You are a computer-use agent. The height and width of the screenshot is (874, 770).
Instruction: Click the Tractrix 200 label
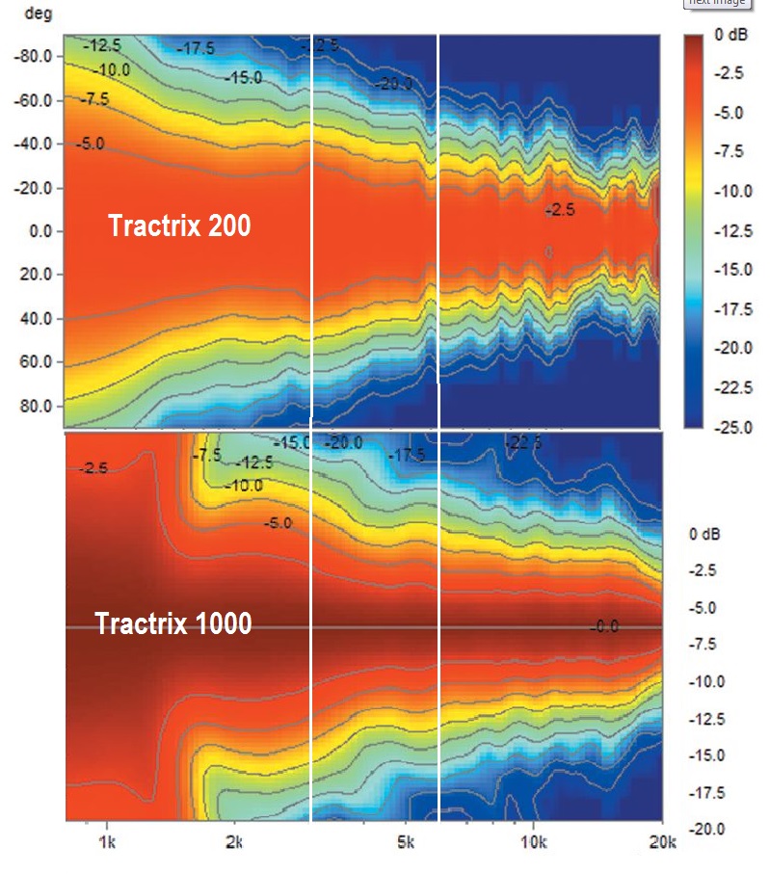click(x=179, y=225)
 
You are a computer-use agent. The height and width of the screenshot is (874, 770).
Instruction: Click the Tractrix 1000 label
click(x=173, y=623)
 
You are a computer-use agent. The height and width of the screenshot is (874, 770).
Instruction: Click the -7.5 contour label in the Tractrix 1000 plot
click(x=208, y=454)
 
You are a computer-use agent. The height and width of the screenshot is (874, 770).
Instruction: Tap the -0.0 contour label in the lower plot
click(x=603, y=627)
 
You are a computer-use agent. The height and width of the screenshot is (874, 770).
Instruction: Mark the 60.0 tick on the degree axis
click(x=37, y=362)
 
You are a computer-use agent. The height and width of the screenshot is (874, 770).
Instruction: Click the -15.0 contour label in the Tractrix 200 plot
click(x=243, y=77)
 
